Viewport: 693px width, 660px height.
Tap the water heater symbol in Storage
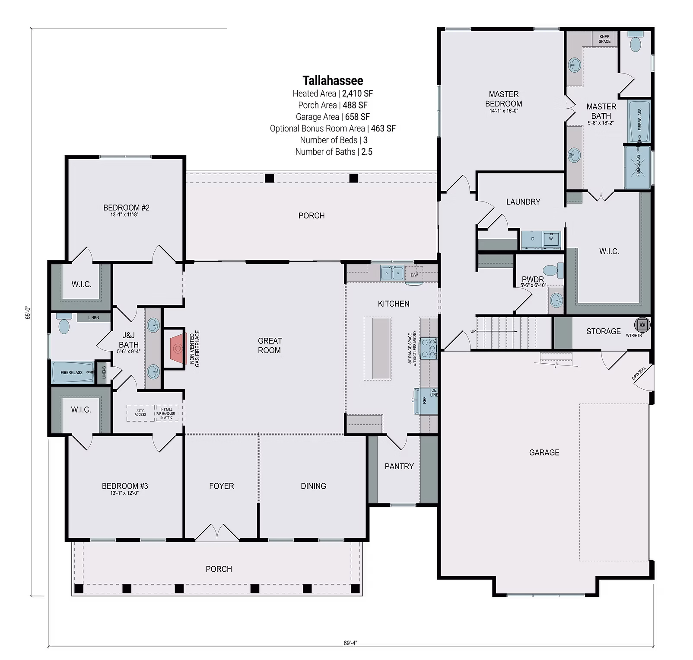[642, 325]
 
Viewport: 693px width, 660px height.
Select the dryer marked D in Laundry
[533, 239]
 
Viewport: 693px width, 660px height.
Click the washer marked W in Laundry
[551, 239]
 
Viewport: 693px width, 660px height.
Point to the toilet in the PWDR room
[553, 270]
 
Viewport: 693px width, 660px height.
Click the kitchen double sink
[392, 273]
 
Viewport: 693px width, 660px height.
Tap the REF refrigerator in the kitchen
[425, 400]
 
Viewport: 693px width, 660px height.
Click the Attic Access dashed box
[140, 413]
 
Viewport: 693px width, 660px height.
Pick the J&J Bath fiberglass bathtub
[73, 372]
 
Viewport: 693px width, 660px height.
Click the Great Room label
[270, 346]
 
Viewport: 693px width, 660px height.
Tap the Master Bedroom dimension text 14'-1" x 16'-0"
[503, 111]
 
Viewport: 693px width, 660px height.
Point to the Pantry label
[399, 466]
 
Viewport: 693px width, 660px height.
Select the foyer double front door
[217, 533]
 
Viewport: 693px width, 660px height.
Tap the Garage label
[544, 452]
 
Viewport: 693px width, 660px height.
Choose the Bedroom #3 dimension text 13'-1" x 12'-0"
[125, 493]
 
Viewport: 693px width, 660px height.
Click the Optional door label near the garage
[639, 373]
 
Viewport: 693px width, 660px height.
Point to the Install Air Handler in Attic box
[166, 413]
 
